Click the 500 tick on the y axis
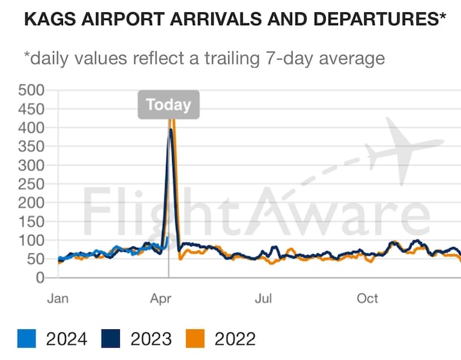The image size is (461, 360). coord(32,90)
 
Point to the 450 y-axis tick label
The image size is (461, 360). coord(32,109)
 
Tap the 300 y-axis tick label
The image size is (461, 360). coord(32,165)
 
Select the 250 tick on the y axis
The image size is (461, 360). coord(32,184)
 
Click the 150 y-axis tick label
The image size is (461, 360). coord(32,222)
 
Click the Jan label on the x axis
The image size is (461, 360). coord(58,298)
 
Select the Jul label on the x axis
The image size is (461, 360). coord(264,298)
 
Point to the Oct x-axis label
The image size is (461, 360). coord(368,298)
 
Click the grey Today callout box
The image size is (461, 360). coord(168,105)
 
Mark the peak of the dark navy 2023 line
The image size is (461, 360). coord(170,130)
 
